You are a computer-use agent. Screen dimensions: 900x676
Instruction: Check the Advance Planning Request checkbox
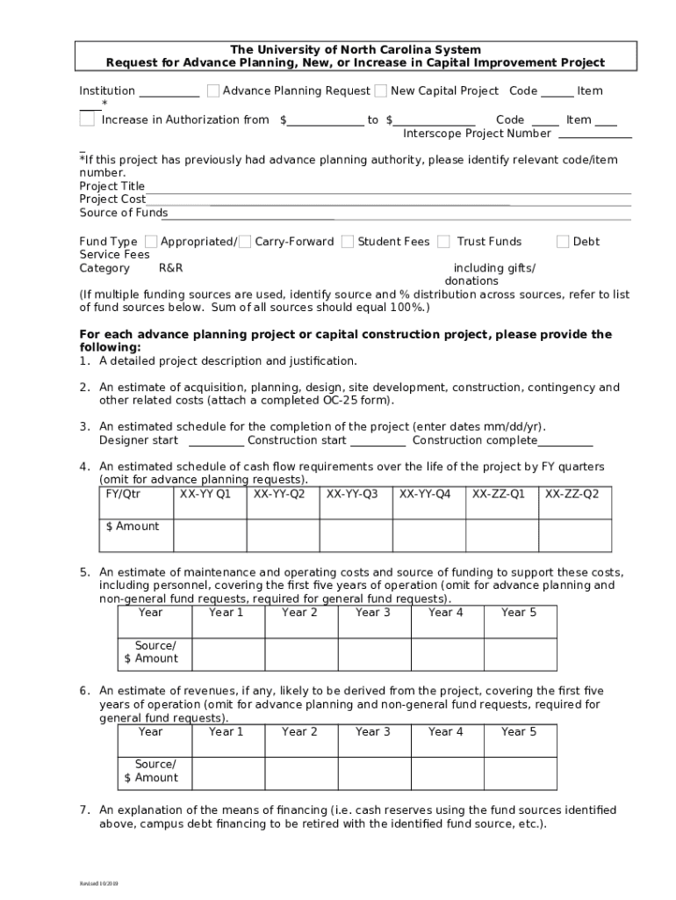(213, 91)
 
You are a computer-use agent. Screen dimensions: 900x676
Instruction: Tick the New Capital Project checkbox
(381, 91)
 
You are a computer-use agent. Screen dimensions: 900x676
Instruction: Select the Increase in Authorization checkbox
(87, 120)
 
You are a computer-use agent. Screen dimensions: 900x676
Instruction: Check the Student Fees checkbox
(348, 241)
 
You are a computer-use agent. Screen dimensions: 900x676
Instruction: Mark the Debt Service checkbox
(564, 241)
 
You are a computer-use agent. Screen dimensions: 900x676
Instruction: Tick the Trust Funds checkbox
(444, 241)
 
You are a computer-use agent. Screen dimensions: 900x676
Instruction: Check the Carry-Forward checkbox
(245, 241)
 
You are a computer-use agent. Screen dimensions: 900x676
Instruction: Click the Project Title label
(112, 186)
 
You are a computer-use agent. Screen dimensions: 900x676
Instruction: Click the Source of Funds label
(123, 213)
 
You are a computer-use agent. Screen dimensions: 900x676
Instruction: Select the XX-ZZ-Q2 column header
(573, 494)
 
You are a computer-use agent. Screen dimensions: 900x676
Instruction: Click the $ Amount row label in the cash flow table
(133, 526)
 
